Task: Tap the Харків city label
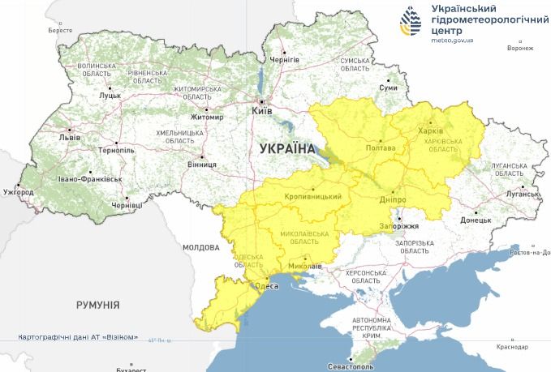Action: point(431,131)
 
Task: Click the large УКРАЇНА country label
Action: point(286,149)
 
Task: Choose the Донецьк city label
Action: point(476,220)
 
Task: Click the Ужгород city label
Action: point(18,193)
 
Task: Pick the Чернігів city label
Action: point(285,61)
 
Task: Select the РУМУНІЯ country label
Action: point(98,306)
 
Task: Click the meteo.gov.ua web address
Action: point(453,39)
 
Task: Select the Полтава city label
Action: point(381,148)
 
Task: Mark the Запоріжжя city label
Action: point(398,226)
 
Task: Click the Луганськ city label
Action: point(522,195)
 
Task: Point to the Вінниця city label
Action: point(201,165)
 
